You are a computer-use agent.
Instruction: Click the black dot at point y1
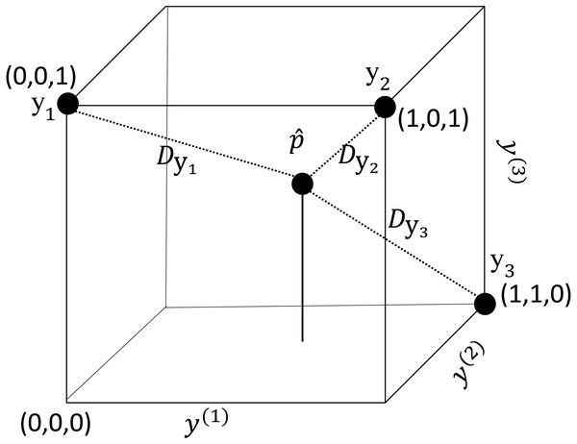click(x=67, y=104)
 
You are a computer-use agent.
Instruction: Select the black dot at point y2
click(x=384, y=106)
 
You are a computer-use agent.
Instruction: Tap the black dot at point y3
click(x=486, y=304)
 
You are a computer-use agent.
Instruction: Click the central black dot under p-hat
click(x=303, y=184)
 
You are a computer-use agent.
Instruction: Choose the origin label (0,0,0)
click(x=59, y=420)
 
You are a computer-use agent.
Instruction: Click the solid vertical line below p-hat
click(x=303, y=269)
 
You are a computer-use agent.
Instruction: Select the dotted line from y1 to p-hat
click(x=183, y=143)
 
